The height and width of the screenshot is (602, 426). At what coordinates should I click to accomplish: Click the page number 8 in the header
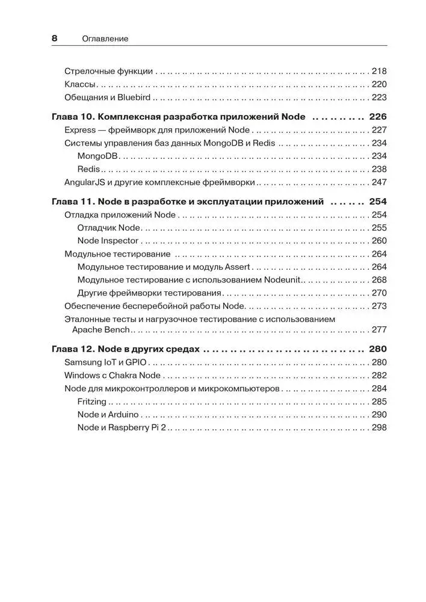click(x=54, y=39)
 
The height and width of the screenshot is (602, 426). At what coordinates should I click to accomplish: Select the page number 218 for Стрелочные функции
click(x=379, y=70)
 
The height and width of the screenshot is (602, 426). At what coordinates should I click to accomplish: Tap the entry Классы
click(x=80, y=84)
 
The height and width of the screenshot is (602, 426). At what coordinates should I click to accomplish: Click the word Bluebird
click(x=134, y=98)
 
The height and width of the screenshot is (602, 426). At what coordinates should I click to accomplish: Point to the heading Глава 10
click(x=72, y=117)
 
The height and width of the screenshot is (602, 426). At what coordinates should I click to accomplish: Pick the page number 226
click(x=378, y=117)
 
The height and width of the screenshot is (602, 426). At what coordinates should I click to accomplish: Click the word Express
click(x=79, y=130)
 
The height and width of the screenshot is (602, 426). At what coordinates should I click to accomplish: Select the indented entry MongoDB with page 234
click(x=99, y=156)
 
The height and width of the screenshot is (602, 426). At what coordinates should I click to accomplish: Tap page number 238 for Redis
click(x=379, y=169)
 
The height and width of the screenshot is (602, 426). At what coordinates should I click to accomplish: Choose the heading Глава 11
click(x=72, y=202)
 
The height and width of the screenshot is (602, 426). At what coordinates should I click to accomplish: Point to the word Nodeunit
click(x=282, y=280)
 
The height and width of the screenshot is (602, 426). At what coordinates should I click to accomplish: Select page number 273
click(x=379, y=306)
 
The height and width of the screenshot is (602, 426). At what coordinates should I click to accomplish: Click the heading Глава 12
click(x=72, y=349)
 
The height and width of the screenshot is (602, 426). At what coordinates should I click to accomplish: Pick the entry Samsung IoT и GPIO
click(x=105, y=362)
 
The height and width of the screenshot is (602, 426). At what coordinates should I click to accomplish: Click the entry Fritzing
click(x=92, y=402)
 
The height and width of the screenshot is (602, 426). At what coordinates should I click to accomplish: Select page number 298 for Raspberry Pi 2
click(x=379, y=427)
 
